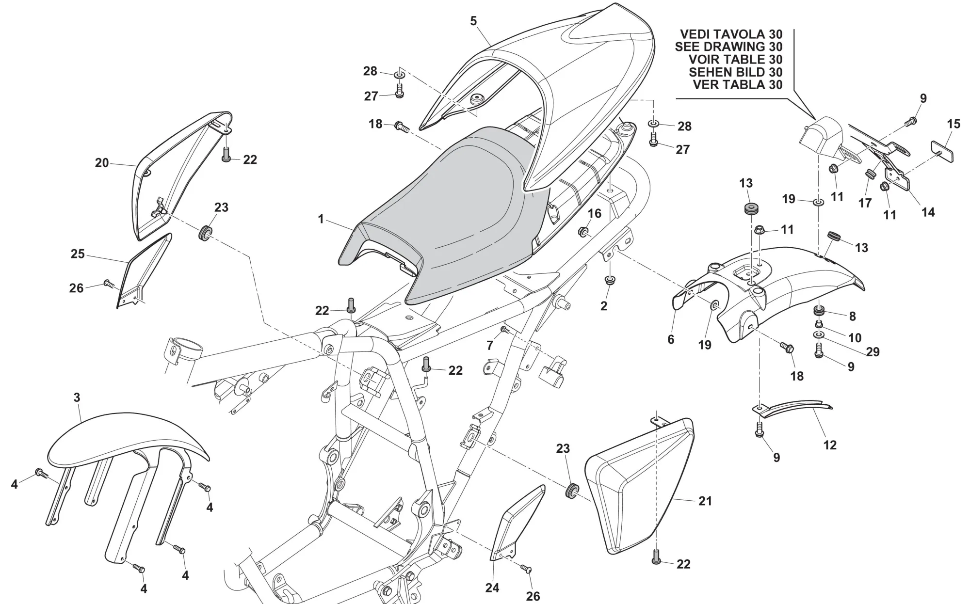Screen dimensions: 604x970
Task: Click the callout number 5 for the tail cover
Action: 473,21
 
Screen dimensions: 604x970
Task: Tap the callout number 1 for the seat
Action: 321,220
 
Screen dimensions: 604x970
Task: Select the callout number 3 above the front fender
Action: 77,398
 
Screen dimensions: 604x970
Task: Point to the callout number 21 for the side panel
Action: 705,501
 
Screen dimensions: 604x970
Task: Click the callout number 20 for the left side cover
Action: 102,163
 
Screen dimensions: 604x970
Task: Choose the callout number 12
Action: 830,445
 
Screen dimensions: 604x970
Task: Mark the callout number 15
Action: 954,124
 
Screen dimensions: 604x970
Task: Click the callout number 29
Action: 873,352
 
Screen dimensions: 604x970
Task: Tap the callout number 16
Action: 595,213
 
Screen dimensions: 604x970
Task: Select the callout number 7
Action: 490,346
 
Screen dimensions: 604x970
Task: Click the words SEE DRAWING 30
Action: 728,47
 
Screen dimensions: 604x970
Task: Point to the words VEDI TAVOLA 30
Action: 731,34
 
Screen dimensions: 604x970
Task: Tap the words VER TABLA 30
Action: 738,85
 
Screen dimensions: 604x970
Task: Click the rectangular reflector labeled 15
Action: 942,151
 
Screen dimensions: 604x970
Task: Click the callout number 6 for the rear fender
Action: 671,339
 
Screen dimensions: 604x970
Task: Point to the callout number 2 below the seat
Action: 604,306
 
